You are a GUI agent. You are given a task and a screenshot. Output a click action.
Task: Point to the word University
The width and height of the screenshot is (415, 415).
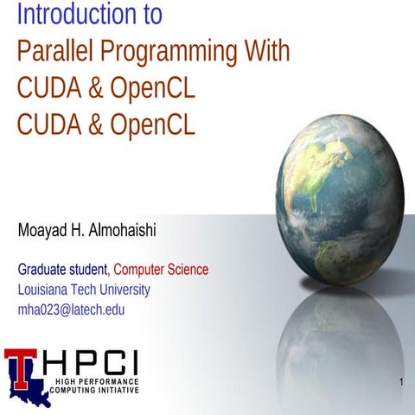coord(119,290)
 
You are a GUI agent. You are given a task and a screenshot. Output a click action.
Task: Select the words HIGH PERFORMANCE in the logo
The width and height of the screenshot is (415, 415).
coord(96,381)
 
